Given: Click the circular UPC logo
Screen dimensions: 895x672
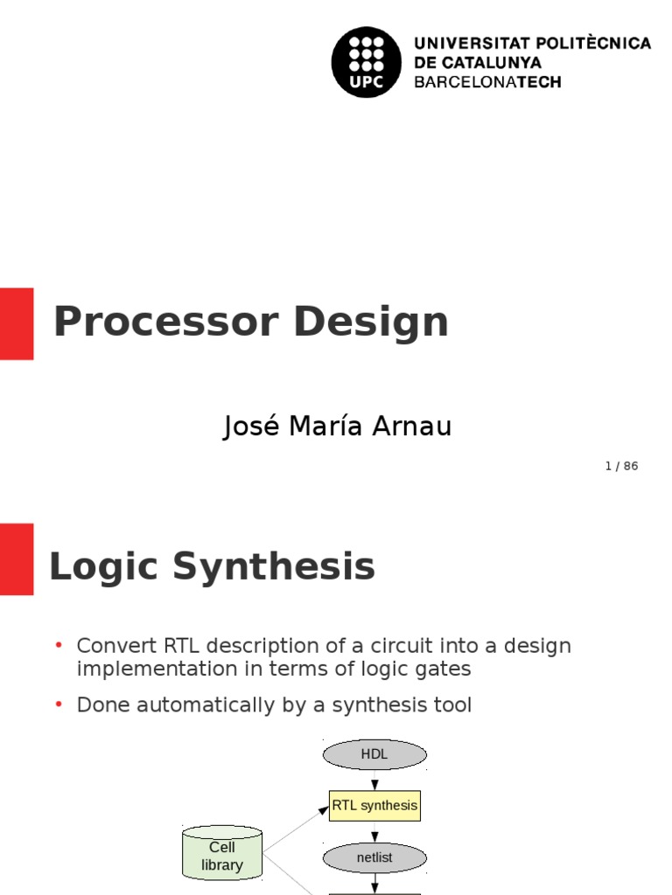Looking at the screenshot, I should click(x=367, y=62).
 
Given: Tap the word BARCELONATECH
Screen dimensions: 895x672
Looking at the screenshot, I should click(x=487, y=82).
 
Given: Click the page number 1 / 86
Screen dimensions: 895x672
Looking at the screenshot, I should click(x=621, y=466).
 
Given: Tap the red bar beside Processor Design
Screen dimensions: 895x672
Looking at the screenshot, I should click(x=17, y=323).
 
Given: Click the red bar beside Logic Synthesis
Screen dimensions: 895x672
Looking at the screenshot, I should click(x=17, y=559).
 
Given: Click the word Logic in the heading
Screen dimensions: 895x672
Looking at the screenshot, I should click(x=104, y=566).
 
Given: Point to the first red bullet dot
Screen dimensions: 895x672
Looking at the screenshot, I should click(x=59, y=645).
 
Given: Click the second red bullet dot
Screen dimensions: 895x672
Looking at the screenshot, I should click(x=59, y=704).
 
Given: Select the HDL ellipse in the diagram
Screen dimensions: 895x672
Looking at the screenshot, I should click(x=374, y=754).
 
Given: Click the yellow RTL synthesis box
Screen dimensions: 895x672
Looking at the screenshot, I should click(x=374, y=805).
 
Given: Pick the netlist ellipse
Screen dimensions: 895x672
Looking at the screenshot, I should click(x=374, y=857).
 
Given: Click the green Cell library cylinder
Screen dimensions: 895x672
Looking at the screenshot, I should click(x=222, y=854).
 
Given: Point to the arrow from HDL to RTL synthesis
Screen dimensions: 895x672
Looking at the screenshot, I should click(x=374, y=781).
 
